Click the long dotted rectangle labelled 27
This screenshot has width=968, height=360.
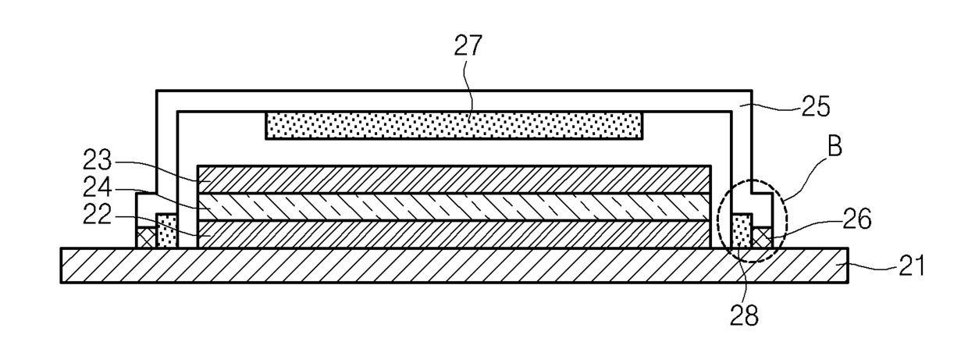click(x=454, y=125)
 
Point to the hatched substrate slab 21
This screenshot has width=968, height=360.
click(x=453, y=265)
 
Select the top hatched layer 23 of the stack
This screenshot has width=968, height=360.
click(x=454, y=179)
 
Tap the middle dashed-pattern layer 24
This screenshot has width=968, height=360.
click(x=454, y=207)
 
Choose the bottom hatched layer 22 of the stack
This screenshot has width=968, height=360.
click(x=454, y=234)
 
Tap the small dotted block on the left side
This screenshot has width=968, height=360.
click(x=166, y=232)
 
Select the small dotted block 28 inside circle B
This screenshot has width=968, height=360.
click(x=742, y=232)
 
